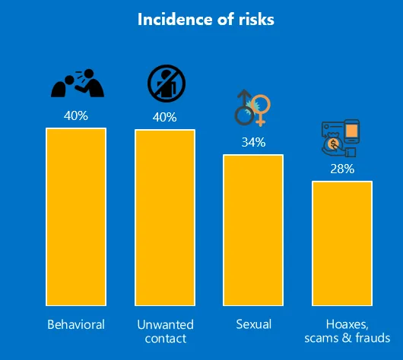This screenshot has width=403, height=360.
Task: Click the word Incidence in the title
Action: pos(176,19)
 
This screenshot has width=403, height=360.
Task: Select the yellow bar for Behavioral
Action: pos(76,217)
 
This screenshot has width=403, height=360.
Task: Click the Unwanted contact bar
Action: pos(165,218)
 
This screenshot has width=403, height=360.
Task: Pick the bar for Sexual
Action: pos(253,230)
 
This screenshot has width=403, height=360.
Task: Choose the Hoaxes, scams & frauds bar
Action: pos(342,244)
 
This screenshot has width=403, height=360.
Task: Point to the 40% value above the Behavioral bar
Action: pos(76,115)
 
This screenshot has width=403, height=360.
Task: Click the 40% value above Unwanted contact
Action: pos(164,117)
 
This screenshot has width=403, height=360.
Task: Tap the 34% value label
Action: pos(253,142)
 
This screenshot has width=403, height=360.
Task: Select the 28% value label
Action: pos(342,169)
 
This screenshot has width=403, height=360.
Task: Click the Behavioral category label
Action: pos(76,324)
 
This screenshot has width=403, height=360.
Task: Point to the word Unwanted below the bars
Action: pos(165,324)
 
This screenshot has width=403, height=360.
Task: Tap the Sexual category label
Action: pos(254,324)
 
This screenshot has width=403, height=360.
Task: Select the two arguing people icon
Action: pos(78,83)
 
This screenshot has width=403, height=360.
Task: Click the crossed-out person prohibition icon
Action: pos(167,84)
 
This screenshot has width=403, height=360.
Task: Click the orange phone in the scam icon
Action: pos(351,131)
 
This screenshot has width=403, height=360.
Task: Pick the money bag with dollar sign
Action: pos(332,144)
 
